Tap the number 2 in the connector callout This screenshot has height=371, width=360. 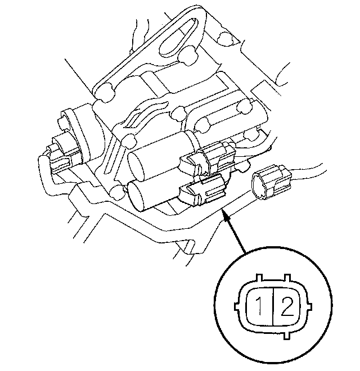[x=287, y=306]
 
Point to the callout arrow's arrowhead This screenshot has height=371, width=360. [x=227, y=216]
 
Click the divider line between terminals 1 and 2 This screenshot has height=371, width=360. [x=273, y=306]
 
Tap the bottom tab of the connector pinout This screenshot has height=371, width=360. [x=287, y=336]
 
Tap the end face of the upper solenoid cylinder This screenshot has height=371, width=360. [x=136, y=166]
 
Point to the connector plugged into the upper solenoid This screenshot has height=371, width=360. [x=209, y=159]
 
